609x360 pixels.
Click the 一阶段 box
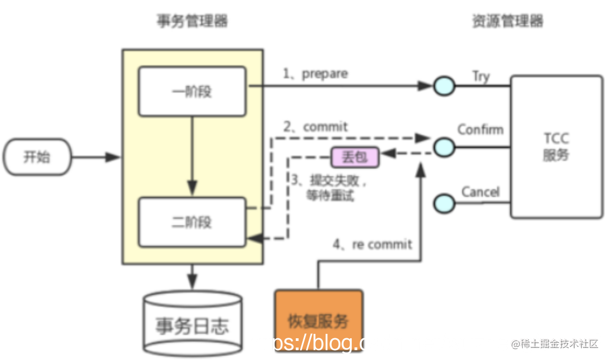193,91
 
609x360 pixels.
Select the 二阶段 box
193,222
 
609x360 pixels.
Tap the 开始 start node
38,158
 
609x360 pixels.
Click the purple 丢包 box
355,158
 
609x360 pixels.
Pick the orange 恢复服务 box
319,320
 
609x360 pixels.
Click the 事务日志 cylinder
192,324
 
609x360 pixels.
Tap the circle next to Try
444,86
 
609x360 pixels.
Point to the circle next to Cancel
444,203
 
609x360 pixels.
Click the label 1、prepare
315,73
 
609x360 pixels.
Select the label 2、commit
315,127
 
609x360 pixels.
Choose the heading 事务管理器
192,21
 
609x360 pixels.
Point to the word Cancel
480,192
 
